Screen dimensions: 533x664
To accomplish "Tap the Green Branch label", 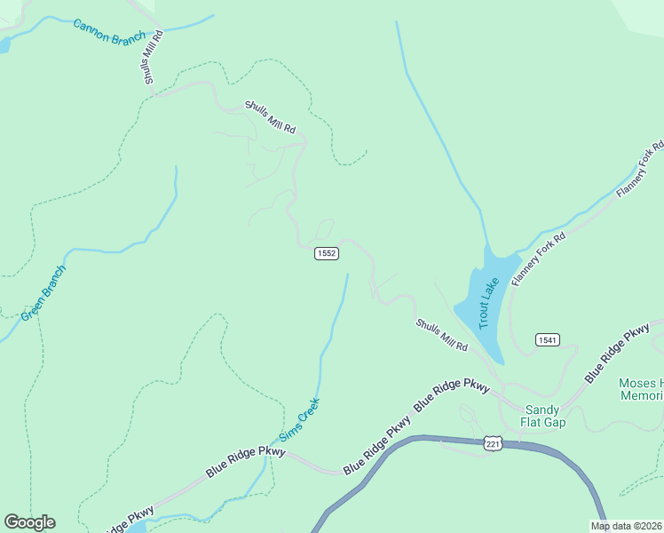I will pyautogui.click(x=43, y=292).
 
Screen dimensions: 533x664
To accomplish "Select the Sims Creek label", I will pyautogui.click(x=299, y=418).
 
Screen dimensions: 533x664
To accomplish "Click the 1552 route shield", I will pyautogui.click(x=326, y=253).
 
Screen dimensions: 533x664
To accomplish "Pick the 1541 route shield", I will pyautogui.click(x=547, y=340).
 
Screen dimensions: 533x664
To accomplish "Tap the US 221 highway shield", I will pyautogui.click(x=494, y=443).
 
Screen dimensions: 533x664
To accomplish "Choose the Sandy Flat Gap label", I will pyautogui.click(x=545, y=416).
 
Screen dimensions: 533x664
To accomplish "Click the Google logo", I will pyautogui.click(x=29, y=522).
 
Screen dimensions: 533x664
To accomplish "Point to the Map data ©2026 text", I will pyautogui.click(x=626, y=526).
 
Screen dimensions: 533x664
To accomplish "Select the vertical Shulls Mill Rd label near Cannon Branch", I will pyautogui.click(x=152, y=58).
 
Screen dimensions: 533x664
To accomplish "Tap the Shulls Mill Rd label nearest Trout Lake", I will pyautogui.click(x=441, y=335).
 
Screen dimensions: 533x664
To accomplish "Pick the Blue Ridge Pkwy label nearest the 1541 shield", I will pyautogui.click(x=617, y=354).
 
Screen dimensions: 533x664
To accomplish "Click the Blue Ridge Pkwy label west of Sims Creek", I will pyautogui.click(x=246, y=462).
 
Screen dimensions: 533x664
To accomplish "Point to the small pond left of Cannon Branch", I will pyautogui.click(x=3, y=44).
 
